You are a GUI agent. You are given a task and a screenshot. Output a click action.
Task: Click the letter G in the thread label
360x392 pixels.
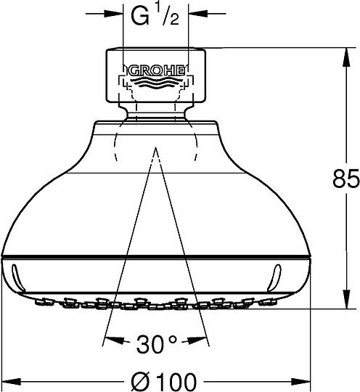click(140, 17)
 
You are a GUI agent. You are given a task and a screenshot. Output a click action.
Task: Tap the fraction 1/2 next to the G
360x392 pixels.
click(166, 15)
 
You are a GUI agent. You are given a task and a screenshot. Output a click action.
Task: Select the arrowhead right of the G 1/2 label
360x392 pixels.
click(196, 13)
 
